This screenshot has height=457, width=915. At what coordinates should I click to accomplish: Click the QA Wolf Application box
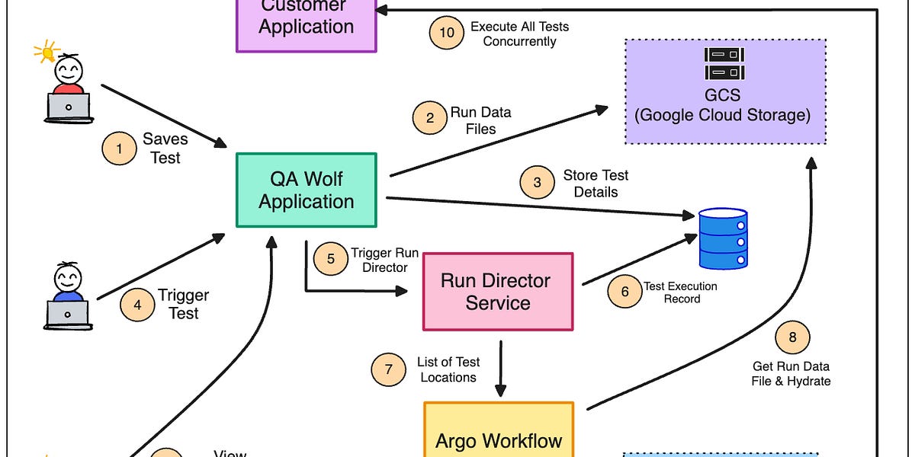tap(306, 190)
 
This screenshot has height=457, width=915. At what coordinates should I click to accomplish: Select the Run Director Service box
tap(497, 292)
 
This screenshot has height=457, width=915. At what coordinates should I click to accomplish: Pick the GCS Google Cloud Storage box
tap(724, 91)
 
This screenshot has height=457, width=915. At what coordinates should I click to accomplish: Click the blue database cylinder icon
tap(724, 239)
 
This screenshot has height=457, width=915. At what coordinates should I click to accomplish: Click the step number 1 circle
tap(119, 149)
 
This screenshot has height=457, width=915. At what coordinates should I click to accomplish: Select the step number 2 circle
tap(430, 118)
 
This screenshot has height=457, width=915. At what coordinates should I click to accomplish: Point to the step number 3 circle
tap(537, 183)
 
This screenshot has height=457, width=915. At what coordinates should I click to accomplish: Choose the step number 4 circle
tap(137, 305)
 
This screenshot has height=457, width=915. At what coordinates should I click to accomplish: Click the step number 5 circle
tap(330, 259)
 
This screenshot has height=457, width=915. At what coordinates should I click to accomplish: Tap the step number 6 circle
tap(624, 292)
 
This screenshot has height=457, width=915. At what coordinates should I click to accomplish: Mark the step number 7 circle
tap(389, 369)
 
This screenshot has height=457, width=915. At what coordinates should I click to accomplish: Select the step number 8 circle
tap(792, 337)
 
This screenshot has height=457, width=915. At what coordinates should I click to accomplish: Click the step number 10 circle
tap(447, 33)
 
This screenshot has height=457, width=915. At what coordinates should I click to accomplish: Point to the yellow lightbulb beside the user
tap(47, 53)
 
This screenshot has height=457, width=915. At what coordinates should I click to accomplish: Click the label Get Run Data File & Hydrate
tap(791, 374)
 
